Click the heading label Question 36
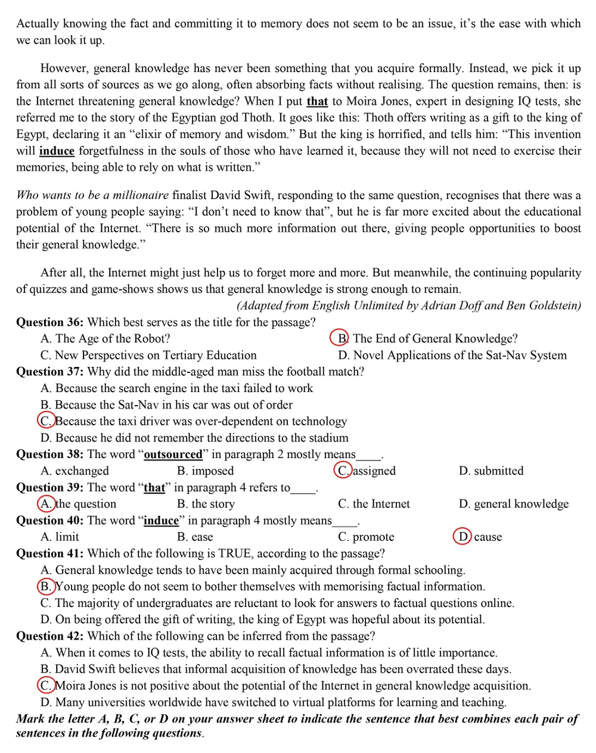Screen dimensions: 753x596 click(49, 322)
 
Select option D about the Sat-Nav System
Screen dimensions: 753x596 click(452, 355)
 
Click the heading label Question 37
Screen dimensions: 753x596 click(49, 372)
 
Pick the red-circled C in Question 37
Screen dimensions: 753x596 click(46, 421)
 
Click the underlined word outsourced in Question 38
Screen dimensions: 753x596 click(173, 455)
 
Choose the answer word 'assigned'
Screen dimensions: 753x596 click(374, 471)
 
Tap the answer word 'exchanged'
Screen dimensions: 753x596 click(82, 471)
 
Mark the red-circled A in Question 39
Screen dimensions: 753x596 click(46, 503)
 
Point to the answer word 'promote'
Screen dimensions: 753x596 click(374, 537)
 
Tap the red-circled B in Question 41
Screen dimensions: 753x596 click(46, 586)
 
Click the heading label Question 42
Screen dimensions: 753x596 click(49, 636)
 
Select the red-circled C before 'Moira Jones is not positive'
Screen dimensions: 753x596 click(46, 685)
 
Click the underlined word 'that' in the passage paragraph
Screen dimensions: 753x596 click(317, 101)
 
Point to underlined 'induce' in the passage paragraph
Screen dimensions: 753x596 click(57, 151)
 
